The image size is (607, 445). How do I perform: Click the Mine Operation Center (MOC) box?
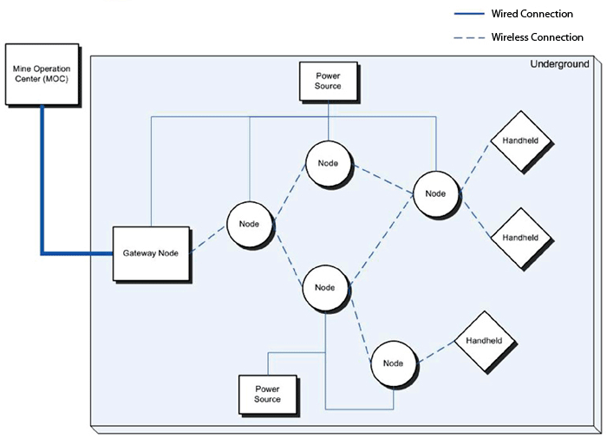pos(41,74)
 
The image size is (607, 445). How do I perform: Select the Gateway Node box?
pos(151,252)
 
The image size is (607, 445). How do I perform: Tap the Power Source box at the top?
pos(328,80)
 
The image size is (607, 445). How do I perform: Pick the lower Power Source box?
pos(267,394)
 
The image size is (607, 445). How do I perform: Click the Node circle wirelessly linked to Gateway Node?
pos(250,225)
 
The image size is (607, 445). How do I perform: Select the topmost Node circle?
pos(330,163)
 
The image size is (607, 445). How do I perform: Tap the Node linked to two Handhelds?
pos(436,193)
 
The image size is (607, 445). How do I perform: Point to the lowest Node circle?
pos(395,363)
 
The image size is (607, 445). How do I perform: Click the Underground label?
pos(559,64)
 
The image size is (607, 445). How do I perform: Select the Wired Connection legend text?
pos(532,14)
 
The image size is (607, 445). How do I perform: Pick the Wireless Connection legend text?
pos(537,37)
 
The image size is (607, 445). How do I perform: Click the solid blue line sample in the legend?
pos(468,14)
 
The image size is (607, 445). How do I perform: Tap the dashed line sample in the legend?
pos(468,37)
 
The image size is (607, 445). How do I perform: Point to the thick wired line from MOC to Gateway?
pos(41,191)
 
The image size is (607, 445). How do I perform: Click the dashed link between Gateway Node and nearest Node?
pos(209,240)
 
